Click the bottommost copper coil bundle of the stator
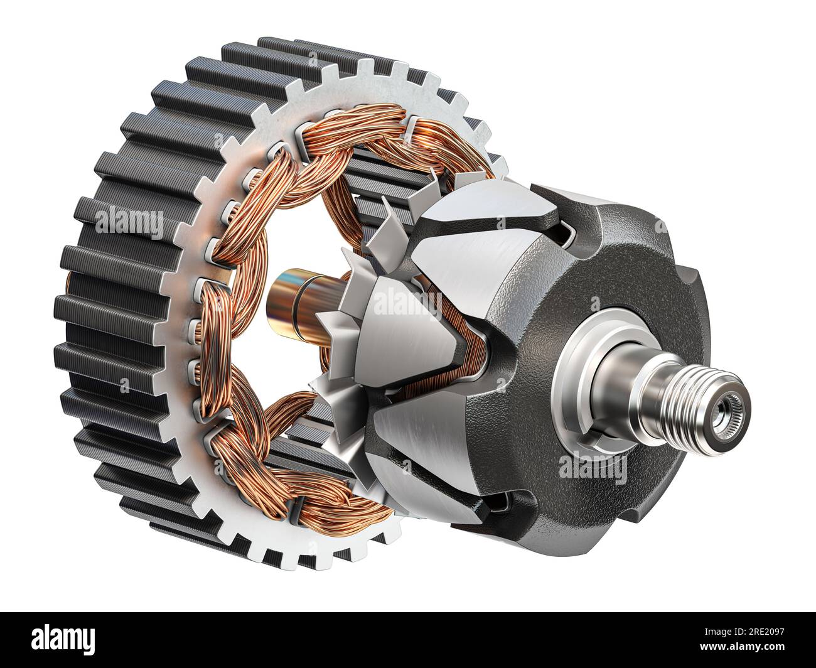tap(314, 496)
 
